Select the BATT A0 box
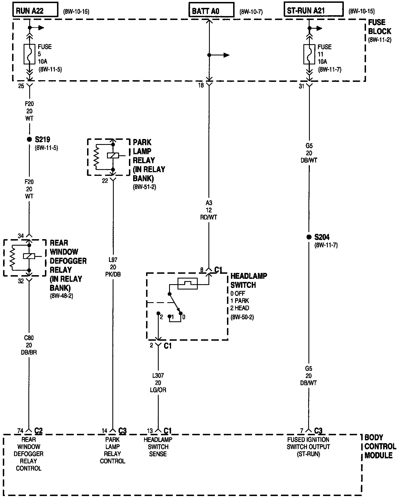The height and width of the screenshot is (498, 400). point(211,11)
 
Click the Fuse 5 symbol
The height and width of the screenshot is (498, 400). point(29,54)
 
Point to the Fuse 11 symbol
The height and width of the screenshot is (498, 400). point(309,54)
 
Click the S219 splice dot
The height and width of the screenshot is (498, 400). point(29,139)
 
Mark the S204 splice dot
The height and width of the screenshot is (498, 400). point(309,237)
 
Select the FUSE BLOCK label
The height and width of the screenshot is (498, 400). point(379,27)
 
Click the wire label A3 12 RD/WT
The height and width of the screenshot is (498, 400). point(209,210)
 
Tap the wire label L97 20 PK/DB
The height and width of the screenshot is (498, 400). point(113,267)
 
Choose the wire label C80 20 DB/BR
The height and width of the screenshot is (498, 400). point(29,345)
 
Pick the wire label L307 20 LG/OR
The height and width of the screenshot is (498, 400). point(158,383)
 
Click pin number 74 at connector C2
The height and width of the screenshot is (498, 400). point(20,431)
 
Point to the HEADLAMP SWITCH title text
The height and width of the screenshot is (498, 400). point(248,280)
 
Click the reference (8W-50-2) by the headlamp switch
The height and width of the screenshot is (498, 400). point(242,317)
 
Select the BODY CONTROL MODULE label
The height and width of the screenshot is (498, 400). point(380,447)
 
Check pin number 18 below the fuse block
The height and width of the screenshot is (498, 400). point(201,85)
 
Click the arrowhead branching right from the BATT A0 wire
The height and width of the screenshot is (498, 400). point(226,55)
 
